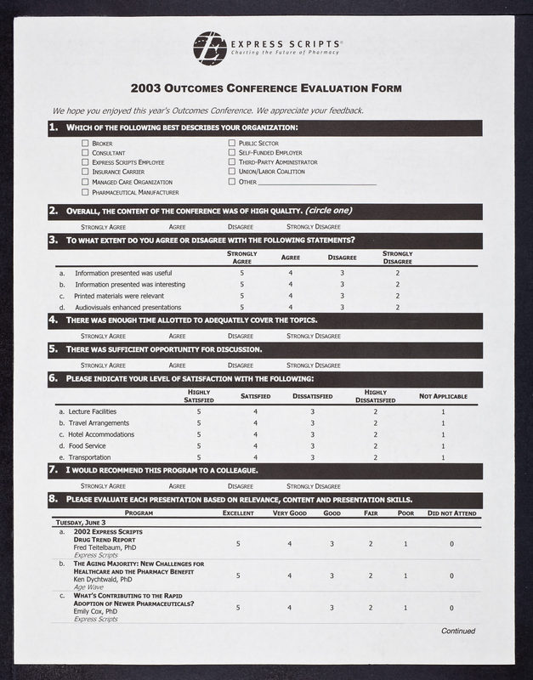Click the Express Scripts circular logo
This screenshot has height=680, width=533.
(209, 48)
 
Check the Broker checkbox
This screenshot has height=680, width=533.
(85, 144)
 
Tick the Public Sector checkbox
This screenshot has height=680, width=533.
(232, 144)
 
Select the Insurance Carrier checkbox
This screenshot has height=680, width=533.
(85, 172)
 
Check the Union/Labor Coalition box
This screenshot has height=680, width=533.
(232, 172)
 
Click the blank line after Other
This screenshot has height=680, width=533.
(316, 182)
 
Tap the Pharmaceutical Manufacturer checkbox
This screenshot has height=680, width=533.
(85, 191)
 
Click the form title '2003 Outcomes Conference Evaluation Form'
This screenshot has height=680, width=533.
(266, 88)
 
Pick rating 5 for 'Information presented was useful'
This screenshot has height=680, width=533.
(241, 273)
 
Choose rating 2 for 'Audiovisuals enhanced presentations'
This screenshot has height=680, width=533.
(397, 307)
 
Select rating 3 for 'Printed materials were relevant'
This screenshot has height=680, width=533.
(342, 296)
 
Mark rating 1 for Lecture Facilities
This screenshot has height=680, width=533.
(443, 411)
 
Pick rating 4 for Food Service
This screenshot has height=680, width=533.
(255, 445)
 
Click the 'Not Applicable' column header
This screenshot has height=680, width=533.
(443, 396)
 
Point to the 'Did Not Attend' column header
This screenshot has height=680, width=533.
(451, 513)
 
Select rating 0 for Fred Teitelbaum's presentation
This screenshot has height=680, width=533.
(451, 543)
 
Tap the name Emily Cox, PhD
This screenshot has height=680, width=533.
(98, 612)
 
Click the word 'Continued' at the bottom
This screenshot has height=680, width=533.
(457, 632)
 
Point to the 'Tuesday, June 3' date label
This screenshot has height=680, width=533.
(81, 523)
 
